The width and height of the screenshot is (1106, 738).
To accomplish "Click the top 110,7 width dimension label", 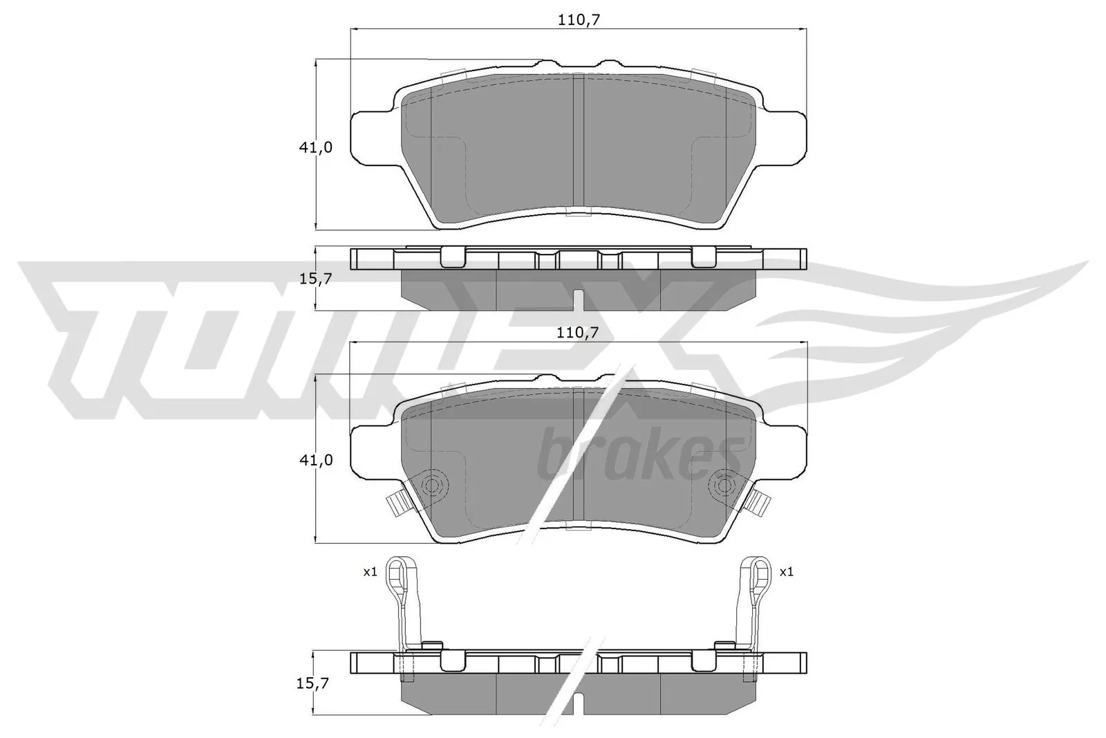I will (579, 20).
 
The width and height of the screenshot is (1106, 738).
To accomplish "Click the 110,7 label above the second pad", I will (579, 333).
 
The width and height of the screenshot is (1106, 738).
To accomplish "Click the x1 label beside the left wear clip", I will (370, 572).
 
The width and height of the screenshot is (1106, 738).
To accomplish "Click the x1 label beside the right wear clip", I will (786, 572).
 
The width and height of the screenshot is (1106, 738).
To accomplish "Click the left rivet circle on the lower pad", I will (434, 486).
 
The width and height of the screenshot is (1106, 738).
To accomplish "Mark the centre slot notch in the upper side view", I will (579, 300).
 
